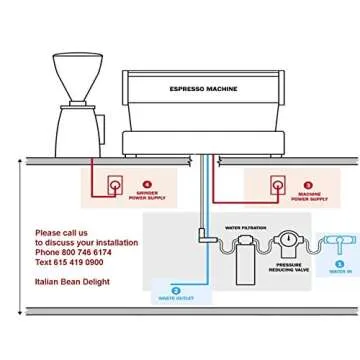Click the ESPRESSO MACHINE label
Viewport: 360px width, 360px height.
point(203,89)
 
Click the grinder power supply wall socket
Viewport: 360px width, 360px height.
point(115,186)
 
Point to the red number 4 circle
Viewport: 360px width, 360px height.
point(147,184)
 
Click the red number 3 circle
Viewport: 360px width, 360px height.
point(307,184)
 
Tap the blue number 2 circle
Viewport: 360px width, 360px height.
point(176,289)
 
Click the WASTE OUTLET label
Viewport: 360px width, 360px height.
point(176,297)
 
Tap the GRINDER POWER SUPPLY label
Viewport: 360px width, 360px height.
point(146,196)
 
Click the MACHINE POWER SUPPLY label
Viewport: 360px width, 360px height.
point(307,196)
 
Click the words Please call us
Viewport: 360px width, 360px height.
point(61,232)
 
